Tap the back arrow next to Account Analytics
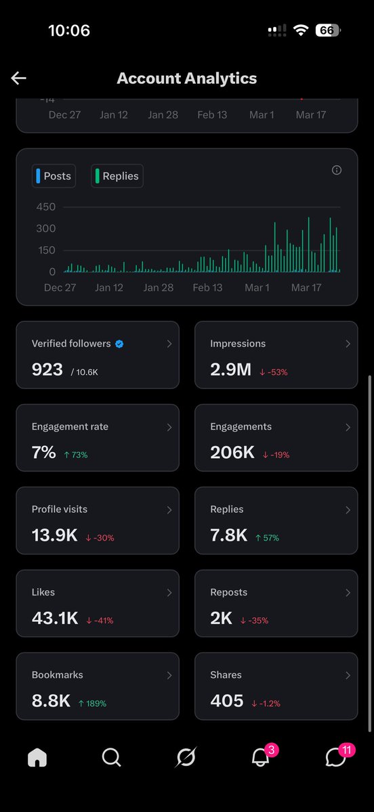click(18, 78)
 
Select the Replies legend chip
click(117, 176)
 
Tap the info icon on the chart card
click(337, 171)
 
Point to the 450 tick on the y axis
click(46, 207)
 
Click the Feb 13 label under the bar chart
click(207, 288)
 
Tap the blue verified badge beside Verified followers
click(119, 344)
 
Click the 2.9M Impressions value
click(230, 369)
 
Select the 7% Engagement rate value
click(43, 453)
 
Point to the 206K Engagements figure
click(232, 453)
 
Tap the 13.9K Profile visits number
click(54, 535)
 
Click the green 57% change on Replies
click(267, 538)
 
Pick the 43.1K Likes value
click(55, 618)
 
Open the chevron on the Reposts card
click(348, 593)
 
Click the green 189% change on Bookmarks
click(92, 703)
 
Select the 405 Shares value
click(227, 700)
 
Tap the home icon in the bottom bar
click(37, 759)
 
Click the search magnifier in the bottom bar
click(111, 758)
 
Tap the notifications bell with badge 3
click(260, 759)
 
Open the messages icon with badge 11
click(335, 759)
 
